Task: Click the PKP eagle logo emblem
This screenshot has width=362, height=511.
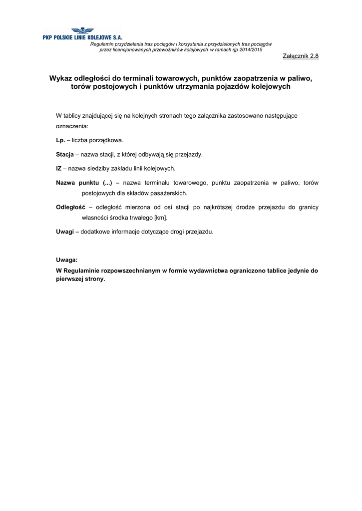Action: point(82,31)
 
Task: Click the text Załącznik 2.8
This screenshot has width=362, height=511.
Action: point(301,56)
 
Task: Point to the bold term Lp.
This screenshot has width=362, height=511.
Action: point(60,141)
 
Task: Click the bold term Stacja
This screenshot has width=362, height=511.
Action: point(65,155)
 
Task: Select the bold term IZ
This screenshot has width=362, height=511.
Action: point(59,169)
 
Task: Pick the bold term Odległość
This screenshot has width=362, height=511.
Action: point(71,207)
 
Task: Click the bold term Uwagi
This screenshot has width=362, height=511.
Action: point(65,232)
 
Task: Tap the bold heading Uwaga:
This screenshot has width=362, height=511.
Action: point(66,260)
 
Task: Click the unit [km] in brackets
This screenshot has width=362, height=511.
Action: point(161,218)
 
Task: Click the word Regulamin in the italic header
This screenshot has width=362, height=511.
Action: point(101,44)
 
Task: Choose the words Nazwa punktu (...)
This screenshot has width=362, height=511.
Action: point(84,183)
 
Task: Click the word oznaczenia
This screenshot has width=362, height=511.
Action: point(72,127)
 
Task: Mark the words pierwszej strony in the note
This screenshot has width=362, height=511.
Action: point(80,279)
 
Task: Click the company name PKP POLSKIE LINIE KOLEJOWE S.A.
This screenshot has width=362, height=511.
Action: point(82,38)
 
